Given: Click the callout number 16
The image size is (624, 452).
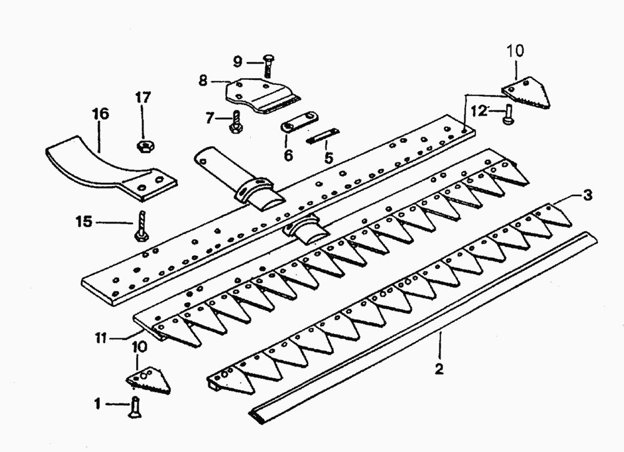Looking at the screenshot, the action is [100, 114].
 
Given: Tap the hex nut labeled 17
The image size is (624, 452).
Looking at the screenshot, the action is [144, 147].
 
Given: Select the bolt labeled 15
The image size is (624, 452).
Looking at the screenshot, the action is [142, 225].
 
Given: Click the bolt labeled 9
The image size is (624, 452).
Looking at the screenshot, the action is [268, 66].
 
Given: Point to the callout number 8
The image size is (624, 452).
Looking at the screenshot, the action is [203, 81].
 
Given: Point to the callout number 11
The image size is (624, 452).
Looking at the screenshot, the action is [101, 338].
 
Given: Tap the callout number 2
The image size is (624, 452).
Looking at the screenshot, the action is [439, 369].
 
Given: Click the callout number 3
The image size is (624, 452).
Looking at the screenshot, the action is [588, 195].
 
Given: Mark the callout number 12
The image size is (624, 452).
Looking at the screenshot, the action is [479, 111].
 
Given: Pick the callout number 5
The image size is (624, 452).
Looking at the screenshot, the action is [328, 158].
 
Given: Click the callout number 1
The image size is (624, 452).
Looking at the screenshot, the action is [97, 404].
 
